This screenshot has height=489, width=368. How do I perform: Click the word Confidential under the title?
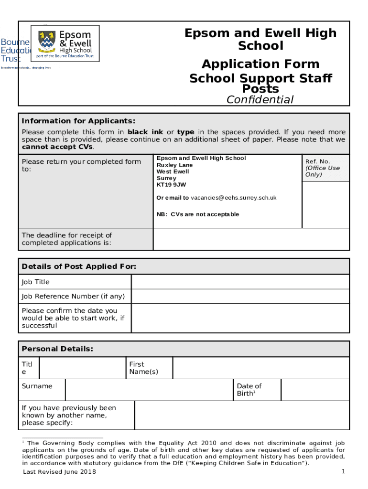point(260,99)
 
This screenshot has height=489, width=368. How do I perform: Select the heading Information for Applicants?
point(78,121)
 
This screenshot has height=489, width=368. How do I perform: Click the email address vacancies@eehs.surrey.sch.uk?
point(233,198)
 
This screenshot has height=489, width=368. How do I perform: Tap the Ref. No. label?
point(317,161)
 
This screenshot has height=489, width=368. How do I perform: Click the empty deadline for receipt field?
point(251,239)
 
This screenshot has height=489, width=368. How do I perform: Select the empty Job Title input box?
point(240,282)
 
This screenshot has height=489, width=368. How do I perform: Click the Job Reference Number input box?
point(240,297)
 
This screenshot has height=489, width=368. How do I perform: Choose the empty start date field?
point(240,318)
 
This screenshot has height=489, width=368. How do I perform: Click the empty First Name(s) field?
point(260,368)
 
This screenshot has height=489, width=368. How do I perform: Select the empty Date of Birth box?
point(314,390)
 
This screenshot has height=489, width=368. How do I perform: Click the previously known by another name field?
point(241,415)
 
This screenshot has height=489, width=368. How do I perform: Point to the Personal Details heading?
point(57,349)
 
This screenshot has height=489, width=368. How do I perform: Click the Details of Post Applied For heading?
point(79,266)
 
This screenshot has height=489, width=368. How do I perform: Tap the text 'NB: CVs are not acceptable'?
point(198,214)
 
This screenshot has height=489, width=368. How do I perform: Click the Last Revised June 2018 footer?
point(59,472)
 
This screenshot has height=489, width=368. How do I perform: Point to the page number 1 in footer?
point(343,471)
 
